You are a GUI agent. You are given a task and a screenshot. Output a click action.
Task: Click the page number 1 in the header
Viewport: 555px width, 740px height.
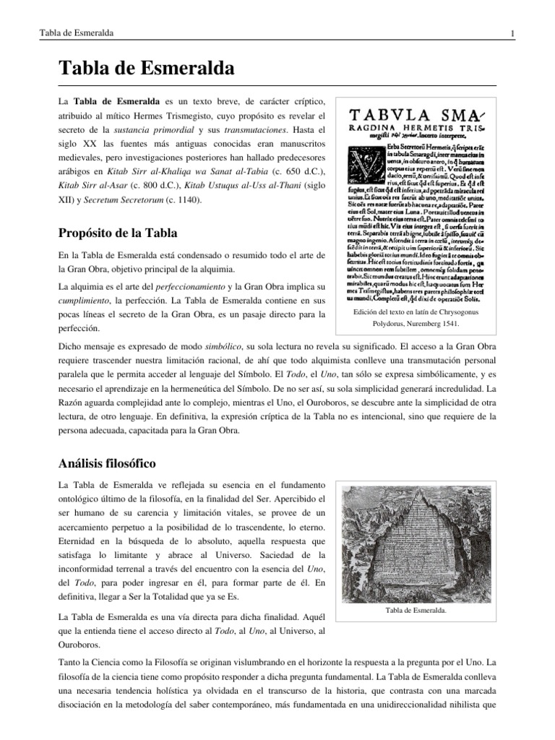click(512, 34)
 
